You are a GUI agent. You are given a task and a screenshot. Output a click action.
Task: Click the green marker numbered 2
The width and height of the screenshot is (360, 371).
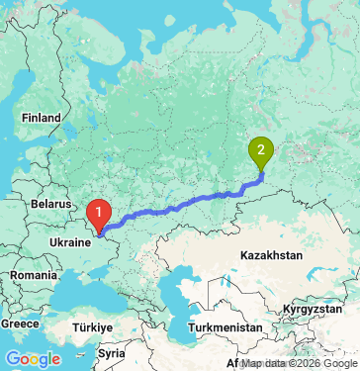click(261, 151)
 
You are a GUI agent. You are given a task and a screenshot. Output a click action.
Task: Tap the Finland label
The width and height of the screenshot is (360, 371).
click(42, 117)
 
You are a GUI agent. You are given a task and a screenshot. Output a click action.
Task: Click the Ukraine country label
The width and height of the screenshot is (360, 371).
click(70, 238)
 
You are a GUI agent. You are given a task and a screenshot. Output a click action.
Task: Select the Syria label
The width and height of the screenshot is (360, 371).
click(112, 352)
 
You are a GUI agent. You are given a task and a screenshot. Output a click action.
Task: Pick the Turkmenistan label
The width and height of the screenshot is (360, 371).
click(227, 325)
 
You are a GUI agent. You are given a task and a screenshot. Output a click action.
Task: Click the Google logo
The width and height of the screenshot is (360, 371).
click(33, 358)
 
